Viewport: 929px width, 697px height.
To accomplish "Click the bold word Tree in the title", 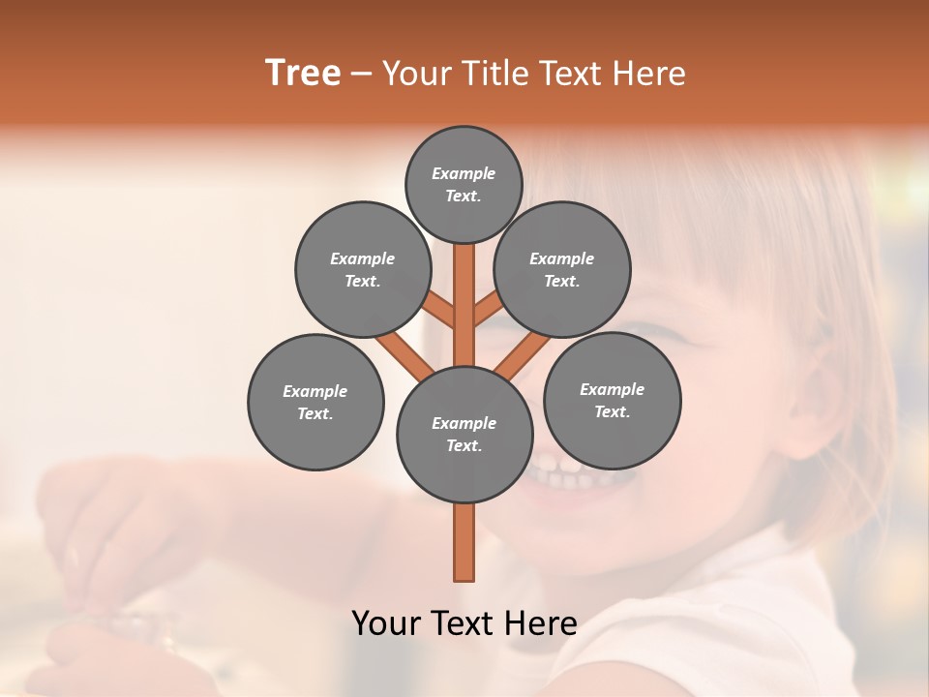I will [303, 74].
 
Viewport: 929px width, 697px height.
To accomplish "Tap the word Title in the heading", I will [492, 74].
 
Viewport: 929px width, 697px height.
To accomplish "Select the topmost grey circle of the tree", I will [464, 184].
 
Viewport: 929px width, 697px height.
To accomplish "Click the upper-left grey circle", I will [363, 269].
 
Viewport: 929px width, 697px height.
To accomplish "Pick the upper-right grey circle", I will [562, 269].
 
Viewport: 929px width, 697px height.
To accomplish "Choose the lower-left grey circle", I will [315, 402].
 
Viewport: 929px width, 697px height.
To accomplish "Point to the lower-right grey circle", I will [612, 400].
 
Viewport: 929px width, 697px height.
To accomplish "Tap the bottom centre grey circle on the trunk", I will [464, 434].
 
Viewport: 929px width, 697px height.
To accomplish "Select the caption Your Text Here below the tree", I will [464, 623].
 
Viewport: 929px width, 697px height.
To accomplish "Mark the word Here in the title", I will [649, 74].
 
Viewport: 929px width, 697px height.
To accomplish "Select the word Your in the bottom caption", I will [387, 623].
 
